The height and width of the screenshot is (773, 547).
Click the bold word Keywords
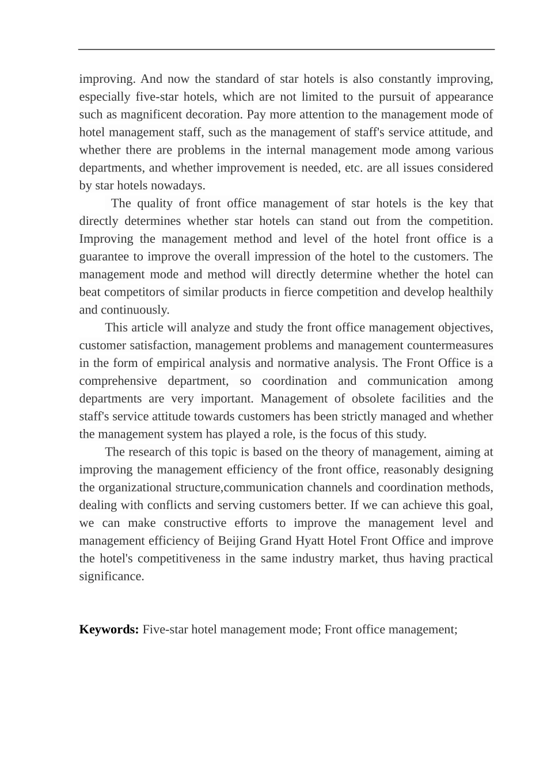coord(109,629)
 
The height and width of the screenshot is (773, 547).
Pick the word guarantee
coord(104,257)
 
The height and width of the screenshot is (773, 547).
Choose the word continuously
coord(135,310)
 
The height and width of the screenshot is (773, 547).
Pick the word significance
coord(111,576)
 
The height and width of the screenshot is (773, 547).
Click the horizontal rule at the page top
coord(286,49)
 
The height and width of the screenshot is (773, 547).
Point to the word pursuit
coord(409,97)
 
